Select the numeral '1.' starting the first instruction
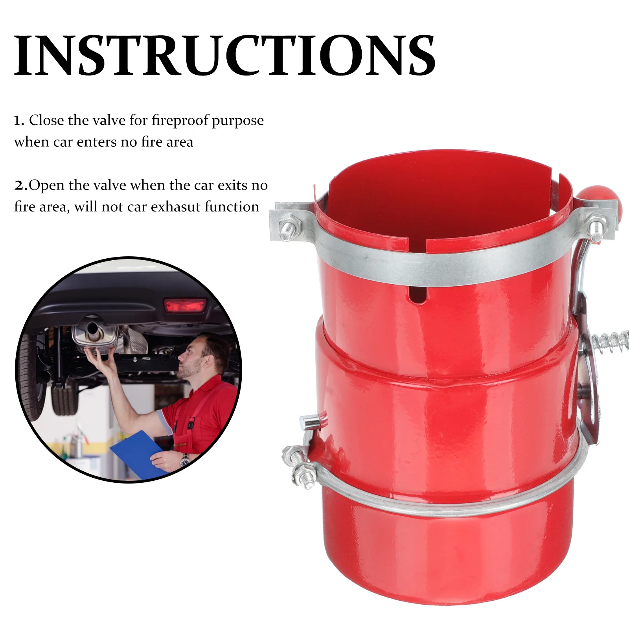(19, 121)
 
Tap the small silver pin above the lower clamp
(312, 422)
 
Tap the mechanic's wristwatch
(184, 460)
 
